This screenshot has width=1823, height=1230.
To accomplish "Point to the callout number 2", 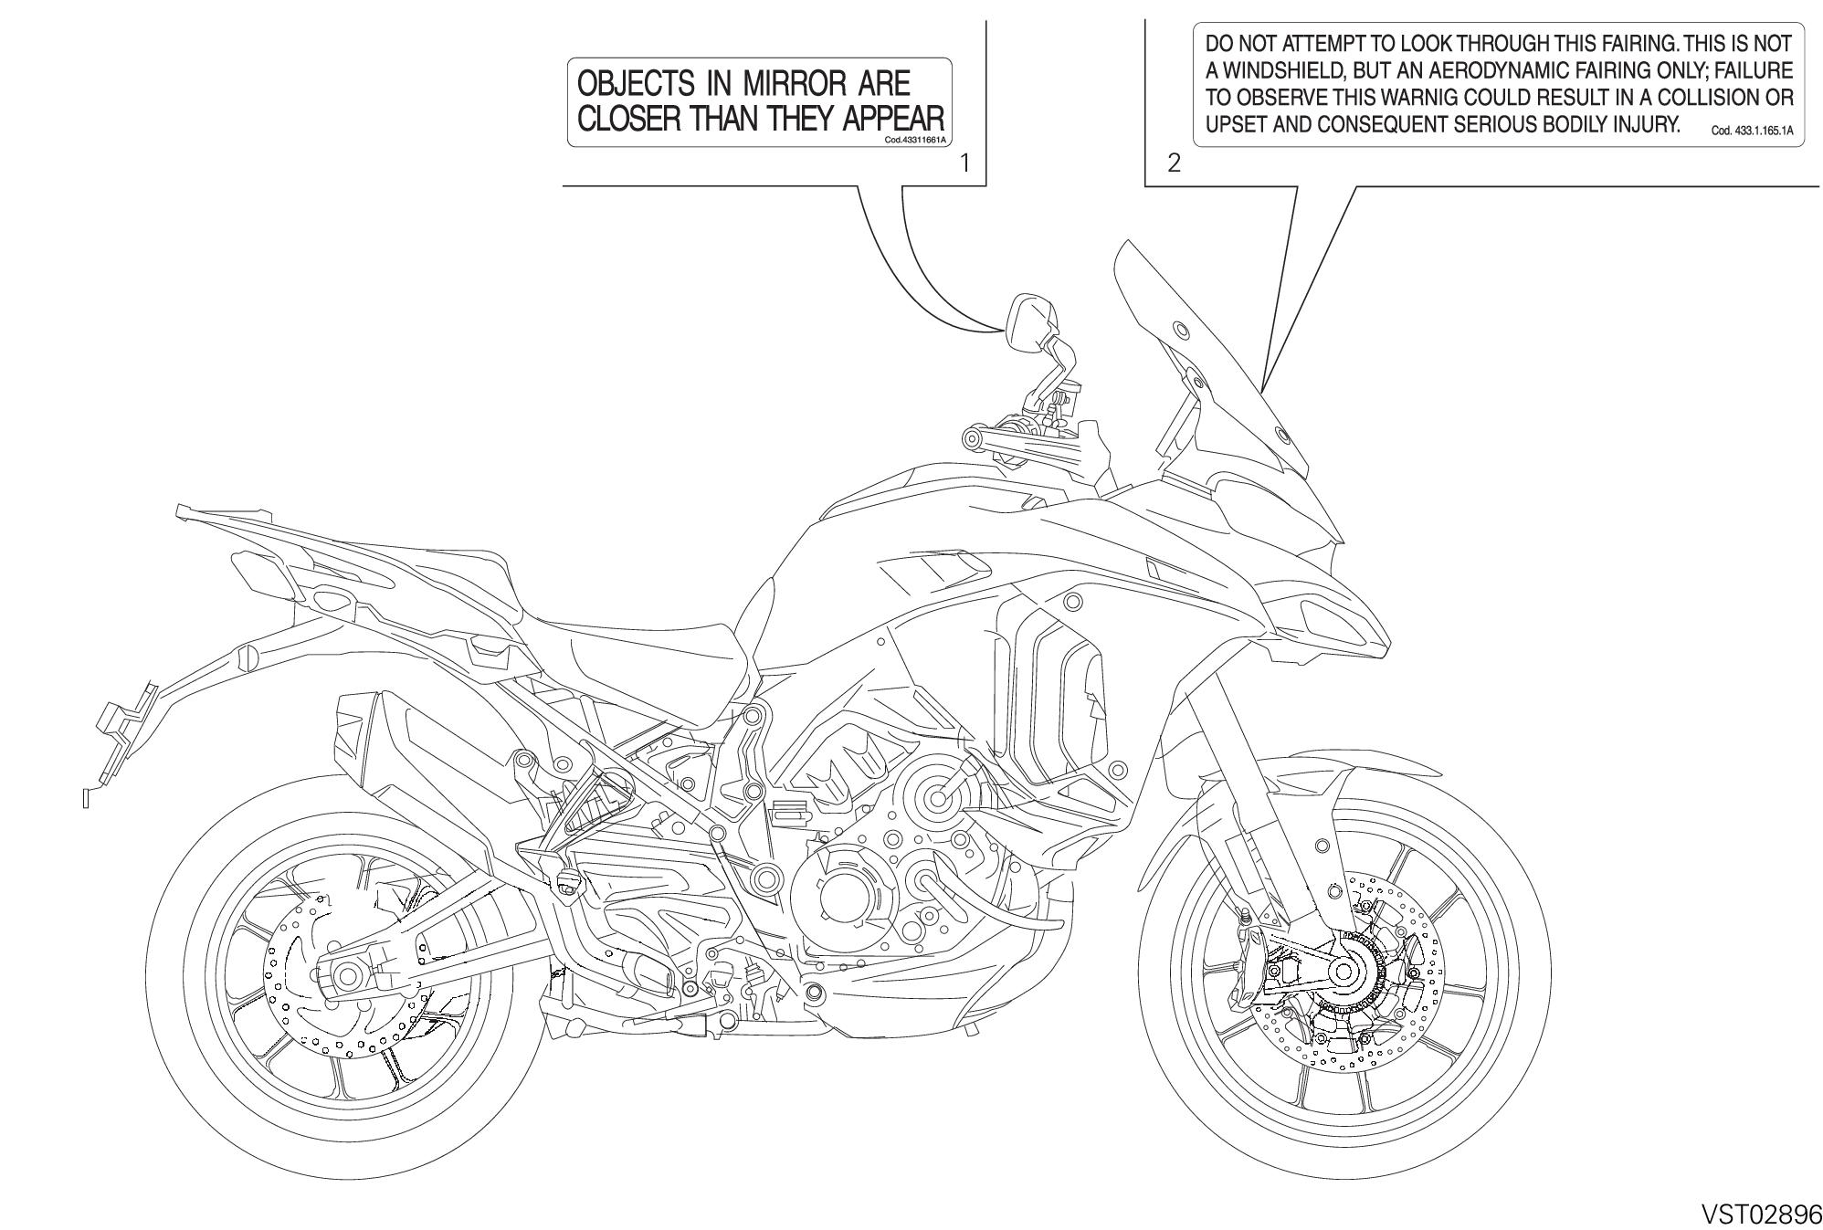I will (x=1175, y=163).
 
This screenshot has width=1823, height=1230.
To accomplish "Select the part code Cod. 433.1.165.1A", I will (x=1752, y=131).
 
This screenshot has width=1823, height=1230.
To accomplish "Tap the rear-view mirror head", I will (x=1029, y=322).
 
